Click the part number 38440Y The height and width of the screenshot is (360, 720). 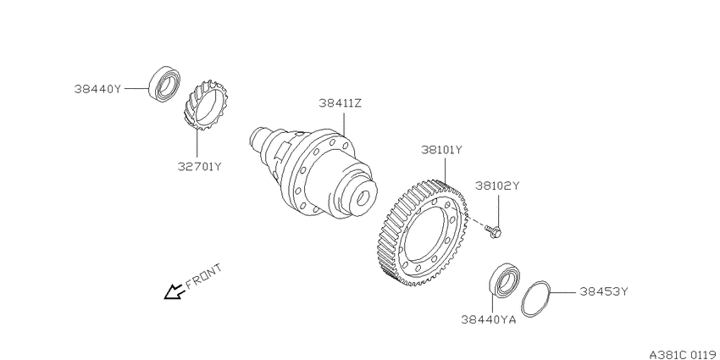(x=97, y=89)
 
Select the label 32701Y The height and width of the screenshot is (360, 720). (x=200, y=166)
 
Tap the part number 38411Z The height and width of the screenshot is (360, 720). (x=341, y=103)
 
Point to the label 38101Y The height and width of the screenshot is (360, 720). (x=441, y=150)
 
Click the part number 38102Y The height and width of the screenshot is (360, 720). (x=497, y=186)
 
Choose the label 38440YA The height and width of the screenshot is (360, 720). (x=489, y=319)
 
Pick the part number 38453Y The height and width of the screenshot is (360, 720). (x=603, y=291)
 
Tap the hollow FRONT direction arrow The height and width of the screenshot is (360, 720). (x=175, y=291)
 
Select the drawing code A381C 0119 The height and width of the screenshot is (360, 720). (x=684, y=354)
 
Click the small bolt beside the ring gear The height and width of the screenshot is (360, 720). (x=494, y=230)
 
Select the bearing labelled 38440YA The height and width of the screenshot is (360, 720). (x=504, y=280)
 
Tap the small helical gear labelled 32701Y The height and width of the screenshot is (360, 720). (x=206, y=104)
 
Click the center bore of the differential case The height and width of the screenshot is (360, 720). (x=363, y=198)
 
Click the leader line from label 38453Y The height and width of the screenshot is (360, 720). (x=562, y=291)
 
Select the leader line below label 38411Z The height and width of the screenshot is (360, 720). (x=343, y=123)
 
